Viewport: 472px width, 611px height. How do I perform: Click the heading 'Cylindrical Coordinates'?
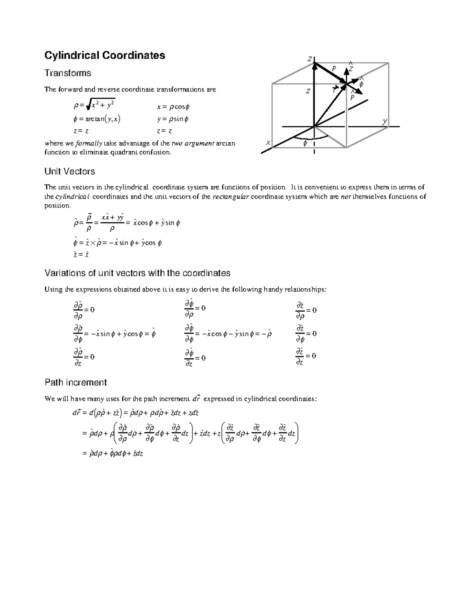(x=105, y=55)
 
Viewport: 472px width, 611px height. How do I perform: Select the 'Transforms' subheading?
(x=67, y=73)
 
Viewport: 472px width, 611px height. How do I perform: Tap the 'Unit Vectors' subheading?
(x=70, y=172)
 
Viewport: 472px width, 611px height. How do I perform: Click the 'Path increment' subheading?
(x=76, y=382)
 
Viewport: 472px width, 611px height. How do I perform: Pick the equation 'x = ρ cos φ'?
(x=173, y=107)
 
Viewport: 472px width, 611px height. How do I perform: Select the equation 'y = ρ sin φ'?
(x=173, y=119)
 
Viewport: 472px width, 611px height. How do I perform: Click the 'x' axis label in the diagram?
(x=268, y=142)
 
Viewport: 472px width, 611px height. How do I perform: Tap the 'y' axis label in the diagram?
(x=385, y=121)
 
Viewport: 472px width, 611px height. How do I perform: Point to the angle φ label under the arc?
(x=305, y=144)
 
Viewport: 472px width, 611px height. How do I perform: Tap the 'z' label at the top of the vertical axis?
(x=310, y=59)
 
